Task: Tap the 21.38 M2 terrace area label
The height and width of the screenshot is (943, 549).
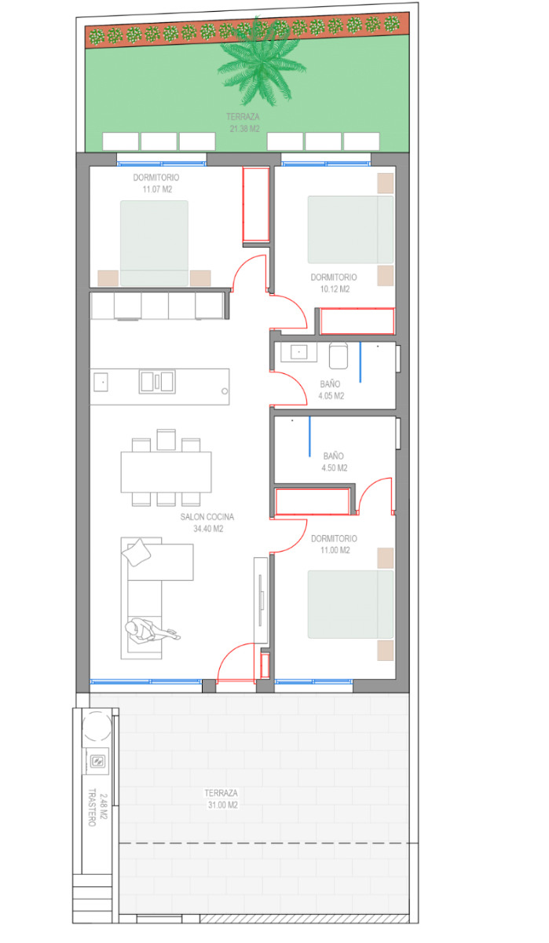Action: (x=244, y=129)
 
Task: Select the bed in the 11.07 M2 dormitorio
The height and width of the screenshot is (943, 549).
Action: (x=154, y=244)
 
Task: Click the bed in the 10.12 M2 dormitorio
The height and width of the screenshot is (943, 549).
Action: (x=350, y=229)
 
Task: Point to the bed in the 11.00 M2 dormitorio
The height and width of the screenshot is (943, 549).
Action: (x=350, y=604)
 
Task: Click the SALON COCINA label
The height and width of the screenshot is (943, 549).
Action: (x=207, y=517)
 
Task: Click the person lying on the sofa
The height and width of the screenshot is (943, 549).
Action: (x=152, y=630)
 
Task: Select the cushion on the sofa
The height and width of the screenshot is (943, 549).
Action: (x=137, y=552)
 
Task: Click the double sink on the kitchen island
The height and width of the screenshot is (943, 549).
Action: (x=157, y=382)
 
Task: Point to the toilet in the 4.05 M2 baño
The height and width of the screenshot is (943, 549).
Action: (x=339, y=355)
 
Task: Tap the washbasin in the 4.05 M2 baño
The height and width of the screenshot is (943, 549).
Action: (x=298, y=352)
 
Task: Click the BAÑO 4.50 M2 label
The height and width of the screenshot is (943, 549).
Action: (x=334, y=462)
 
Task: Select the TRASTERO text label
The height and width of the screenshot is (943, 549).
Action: (x=92, y=807)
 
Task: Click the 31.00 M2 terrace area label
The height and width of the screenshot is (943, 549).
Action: (x=223, y=805)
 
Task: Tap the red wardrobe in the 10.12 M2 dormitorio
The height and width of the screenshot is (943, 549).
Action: (x=357, y=321)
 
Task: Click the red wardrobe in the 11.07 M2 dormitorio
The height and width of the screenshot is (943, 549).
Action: (x=256, y=204)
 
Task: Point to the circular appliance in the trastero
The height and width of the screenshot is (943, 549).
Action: (x=97, y=726)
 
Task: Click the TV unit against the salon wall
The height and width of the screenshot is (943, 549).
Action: (x=261, y=600)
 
